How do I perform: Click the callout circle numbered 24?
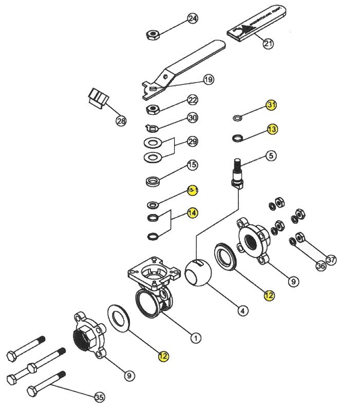193,18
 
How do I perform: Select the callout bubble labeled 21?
268,44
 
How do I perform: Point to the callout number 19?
208,80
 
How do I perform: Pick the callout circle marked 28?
121,121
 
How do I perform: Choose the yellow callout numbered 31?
272,105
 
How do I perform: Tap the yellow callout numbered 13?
272,129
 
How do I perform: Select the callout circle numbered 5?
271,155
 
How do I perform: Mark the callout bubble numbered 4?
242,310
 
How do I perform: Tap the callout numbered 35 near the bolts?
99,397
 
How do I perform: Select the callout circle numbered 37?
331,260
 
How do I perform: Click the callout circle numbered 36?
320,266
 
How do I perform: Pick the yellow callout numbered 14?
193,212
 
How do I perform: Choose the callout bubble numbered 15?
193,165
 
